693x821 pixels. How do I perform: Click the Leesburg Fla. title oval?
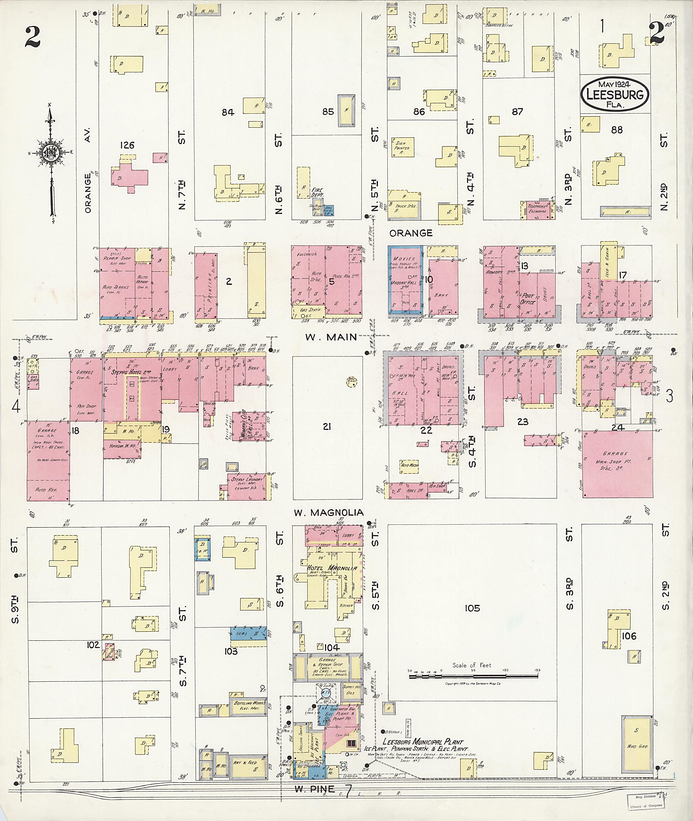tap(615, 94)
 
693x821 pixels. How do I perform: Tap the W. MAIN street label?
tap(331, 337)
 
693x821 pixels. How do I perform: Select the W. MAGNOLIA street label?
tap(329, 512)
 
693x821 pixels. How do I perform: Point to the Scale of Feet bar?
tap(473, 677)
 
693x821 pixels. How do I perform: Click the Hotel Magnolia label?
tap(332, 568)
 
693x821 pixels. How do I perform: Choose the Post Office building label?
tap(527, 298)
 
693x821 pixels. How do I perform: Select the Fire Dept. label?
tap(317, 192)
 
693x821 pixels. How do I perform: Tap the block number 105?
tap(472, 608)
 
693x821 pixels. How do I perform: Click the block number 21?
tap(327, 427)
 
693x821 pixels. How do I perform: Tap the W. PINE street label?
tap(315, 789)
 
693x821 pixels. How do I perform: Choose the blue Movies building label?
tap(404, 259)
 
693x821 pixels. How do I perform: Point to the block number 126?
tap(127, 145)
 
